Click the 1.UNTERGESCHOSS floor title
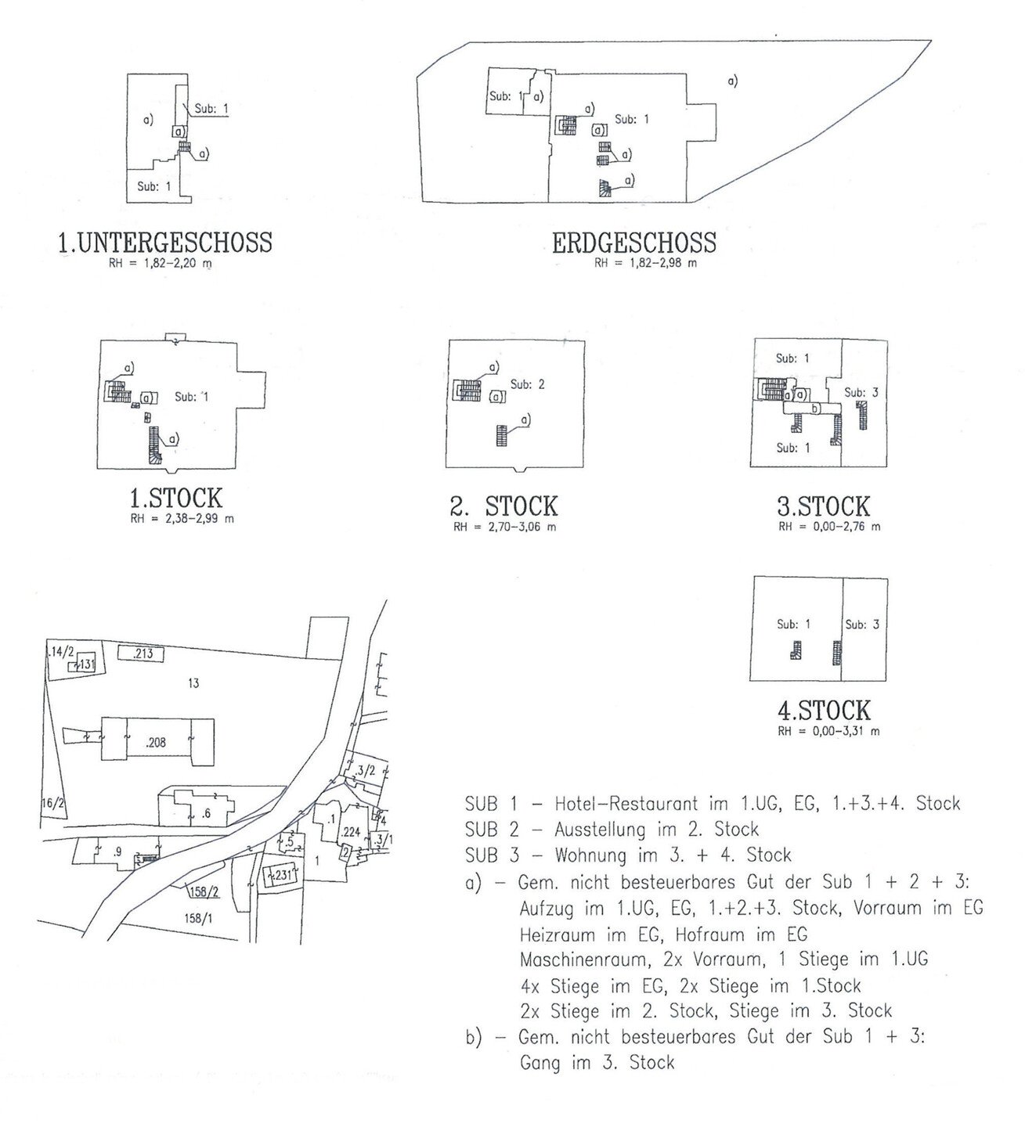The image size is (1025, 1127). click(x=165, y=243)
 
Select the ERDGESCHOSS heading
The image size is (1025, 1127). click(x=634, y=243)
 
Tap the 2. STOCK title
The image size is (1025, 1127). click(x=503, y=506)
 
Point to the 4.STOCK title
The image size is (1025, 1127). click(x=824, y=710)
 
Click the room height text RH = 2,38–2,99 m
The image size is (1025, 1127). click(x=182, y=519)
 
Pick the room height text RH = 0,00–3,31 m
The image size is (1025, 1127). click(x=828, y=731)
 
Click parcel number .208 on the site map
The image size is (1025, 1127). click(x=156, y=743)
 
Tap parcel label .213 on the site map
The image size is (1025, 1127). click(x=143, y=654)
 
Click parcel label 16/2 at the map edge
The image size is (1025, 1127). click(x=52, y=804)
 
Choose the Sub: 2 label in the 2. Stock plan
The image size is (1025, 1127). click(x=528, y=384)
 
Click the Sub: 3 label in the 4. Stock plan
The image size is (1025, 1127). click(x=862, y=625)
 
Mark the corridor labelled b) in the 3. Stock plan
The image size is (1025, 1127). click(x=813, y=409)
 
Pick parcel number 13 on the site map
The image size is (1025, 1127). click(x=193, y=684)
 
